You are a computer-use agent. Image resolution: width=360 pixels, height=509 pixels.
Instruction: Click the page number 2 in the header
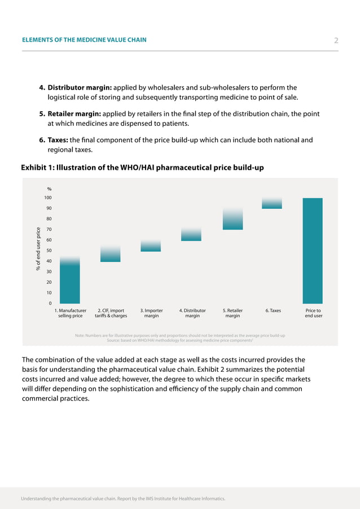pyautogui.click(x=336, y=40)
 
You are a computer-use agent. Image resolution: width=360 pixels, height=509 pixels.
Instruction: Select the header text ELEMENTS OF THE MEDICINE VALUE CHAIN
pyautogui.click(x=84, y=40)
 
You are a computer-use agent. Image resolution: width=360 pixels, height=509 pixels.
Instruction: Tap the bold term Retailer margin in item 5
pyautogui.click(x=76, y=114)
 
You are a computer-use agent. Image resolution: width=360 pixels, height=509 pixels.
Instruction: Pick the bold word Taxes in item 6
pyautogui.click(x=58, y=140)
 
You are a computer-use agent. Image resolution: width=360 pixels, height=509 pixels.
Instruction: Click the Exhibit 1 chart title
pyautogui.click(x=142, y=168)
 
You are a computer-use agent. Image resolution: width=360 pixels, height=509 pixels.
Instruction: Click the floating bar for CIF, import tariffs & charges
pyautogui.click(x=111, y=254)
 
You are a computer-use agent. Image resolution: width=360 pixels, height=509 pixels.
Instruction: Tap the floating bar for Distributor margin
pyautogui.click(x=191, y=234)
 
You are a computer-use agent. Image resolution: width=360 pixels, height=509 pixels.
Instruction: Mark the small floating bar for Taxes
pyautogui.click(x=272, y=204)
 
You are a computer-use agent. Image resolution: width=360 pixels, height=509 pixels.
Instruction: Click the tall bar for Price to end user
pyautogui.click(x=313, y=251)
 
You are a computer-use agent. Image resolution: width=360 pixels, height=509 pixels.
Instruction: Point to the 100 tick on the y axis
pyautogui.click(x=48, y=198)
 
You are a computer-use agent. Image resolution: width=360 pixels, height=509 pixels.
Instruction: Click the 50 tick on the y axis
pyautogui.click(x=49, y=251)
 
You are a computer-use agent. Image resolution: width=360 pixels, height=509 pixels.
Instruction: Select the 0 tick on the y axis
pyautogui.click(x=50, y=304)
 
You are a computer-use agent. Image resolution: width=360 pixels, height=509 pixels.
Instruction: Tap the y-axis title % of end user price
pyautogui.click(x=38, y=248)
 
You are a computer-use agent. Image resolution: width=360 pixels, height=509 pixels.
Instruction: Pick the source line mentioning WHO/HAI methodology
pyautogui.click(x=179, y=340)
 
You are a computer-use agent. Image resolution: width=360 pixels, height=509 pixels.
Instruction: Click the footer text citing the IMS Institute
pyautogui.click(x=123, y=499)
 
